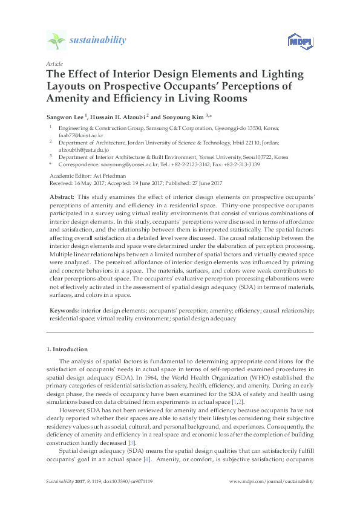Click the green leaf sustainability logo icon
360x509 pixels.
tap(56, 41)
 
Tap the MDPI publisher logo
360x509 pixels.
tap(296, 41)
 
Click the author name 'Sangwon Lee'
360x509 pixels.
tap(65, 117)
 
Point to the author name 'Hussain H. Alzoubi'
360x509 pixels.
tap(117, 117)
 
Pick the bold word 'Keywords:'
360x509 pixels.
tap(64, 310)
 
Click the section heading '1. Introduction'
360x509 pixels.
tap(67, 349)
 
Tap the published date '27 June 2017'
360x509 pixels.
tap(203, 183)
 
